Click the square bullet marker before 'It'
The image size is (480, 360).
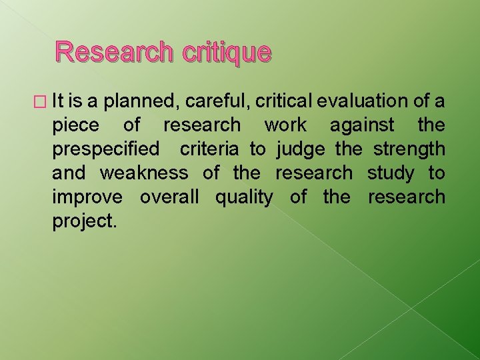coord(44,101)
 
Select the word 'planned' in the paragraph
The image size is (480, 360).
coord(143,101)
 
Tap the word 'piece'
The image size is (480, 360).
coord(75,125)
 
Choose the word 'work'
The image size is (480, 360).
coord(285,125)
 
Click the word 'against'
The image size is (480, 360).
coord(362,125)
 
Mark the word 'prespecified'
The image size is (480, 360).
coord(106,149)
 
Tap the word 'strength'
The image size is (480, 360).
coord(409,149)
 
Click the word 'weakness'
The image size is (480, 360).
coord(144,173)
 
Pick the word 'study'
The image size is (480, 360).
coord(390,173)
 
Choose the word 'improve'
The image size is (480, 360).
coord(87,197)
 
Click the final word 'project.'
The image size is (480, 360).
coord(85,221)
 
